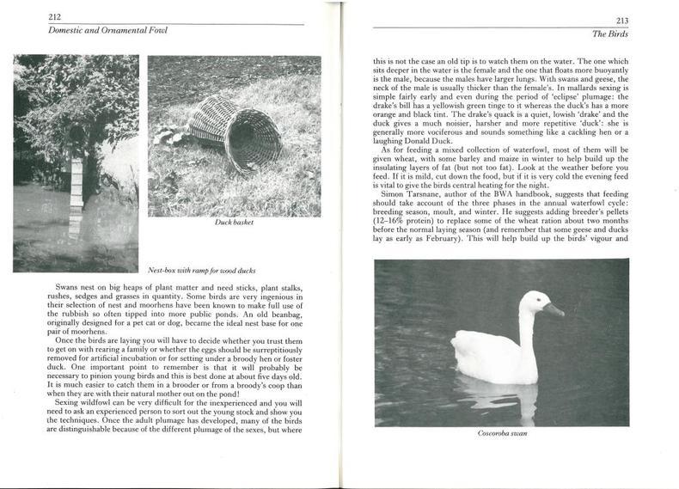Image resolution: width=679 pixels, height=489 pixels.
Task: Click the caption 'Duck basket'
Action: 234,222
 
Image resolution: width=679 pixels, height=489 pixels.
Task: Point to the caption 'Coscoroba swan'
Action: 501,433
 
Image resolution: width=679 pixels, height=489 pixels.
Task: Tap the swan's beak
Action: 554,309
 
